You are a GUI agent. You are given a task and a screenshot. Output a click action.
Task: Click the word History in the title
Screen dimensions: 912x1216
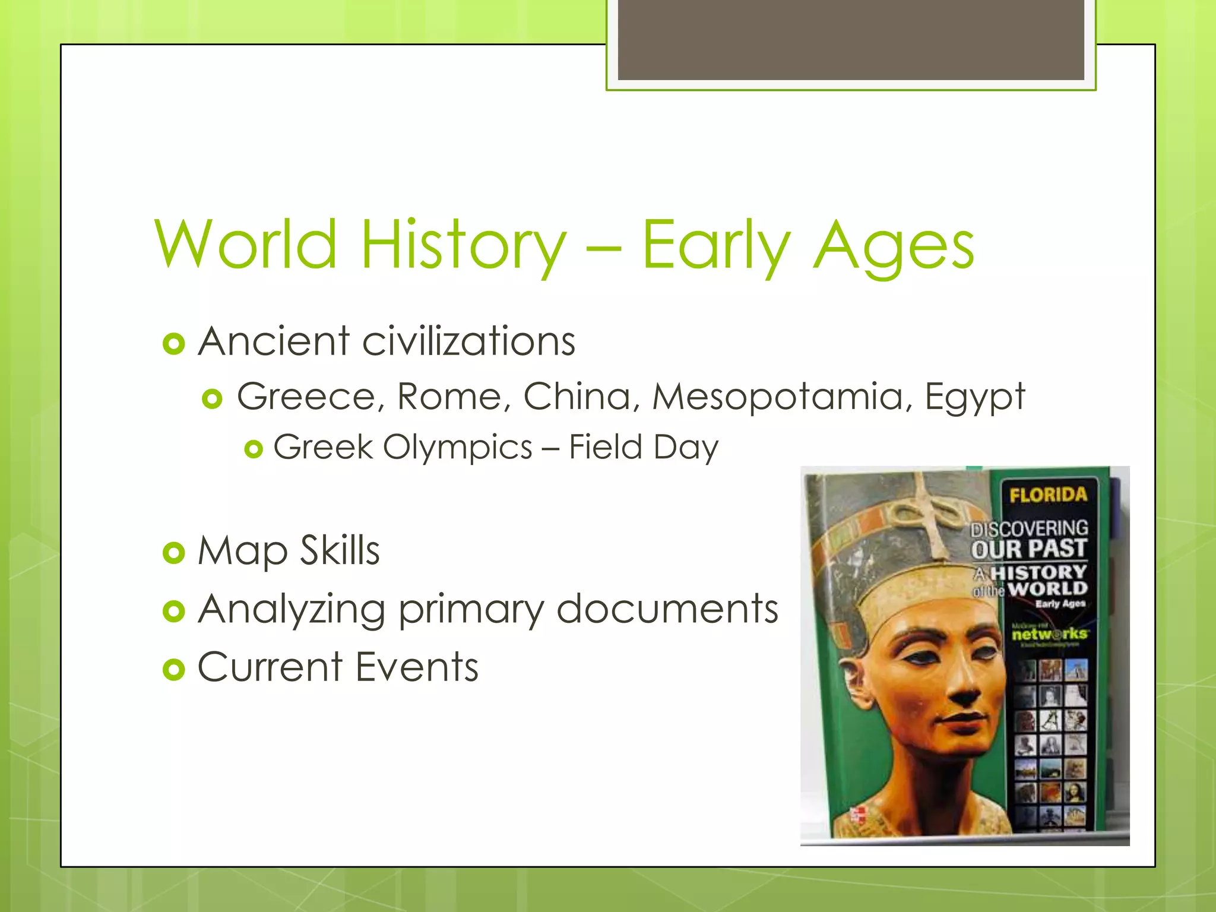pyautogui.click(x=463, y=245)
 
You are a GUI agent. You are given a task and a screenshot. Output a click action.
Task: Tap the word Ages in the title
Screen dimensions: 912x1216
pyautogui.click(x=894, y=245)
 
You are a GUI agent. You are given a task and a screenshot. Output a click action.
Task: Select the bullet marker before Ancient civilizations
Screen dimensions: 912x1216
pyautogui.click(x=173, y=344)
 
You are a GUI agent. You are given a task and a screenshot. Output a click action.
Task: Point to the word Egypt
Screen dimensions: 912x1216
pyautogui.click(x=974, y=397)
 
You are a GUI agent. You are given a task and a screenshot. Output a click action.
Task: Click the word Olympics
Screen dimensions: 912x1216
pyautogui.click(x=457, y=448)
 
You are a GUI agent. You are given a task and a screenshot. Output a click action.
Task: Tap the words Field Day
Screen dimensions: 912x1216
pyautogui.click(x=644, y=447)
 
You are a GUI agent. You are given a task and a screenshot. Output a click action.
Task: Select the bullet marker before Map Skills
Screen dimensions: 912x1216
pyautogui.click(x=173, y=553)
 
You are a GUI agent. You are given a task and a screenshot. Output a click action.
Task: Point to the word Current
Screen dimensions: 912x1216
pyautogui.click(x=270, y=667)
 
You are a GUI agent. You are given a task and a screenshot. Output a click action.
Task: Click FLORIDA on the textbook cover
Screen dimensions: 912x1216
pyautogui.click(x=1048, y=495)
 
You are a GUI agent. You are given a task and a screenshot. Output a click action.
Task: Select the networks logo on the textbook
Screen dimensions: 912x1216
pyautogui.click(x=1049, y=634)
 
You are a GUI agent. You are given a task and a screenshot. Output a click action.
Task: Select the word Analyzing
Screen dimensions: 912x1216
pyautogui.click(x=292, y=609)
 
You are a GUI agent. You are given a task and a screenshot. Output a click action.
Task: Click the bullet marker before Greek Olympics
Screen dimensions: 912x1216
pyautogui.click(x=254, y=449)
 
